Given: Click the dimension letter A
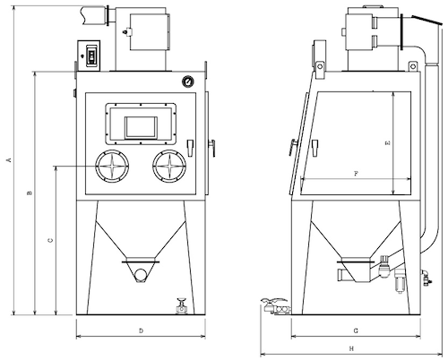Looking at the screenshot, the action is (x=9, y=160).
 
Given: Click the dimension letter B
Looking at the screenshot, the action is (x=30, y=193).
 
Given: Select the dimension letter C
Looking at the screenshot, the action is (x=51, y=240).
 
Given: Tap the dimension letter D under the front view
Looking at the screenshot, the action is (x=142, y=330).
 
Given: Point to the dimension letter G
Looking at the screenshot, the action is (x=356, y=330).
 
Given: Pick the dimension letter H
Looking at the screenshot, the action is (x=351, y=348).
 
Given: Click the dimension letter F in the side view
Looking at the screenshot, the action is (x=356, y=174).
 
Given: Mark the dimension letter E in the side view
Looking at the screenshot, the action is (x=388, y=143).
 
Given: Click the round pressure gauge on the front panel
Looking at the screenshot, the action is (x=187, y=81).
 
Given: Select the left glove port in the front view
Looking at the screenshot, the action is (x=112, y=166).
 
